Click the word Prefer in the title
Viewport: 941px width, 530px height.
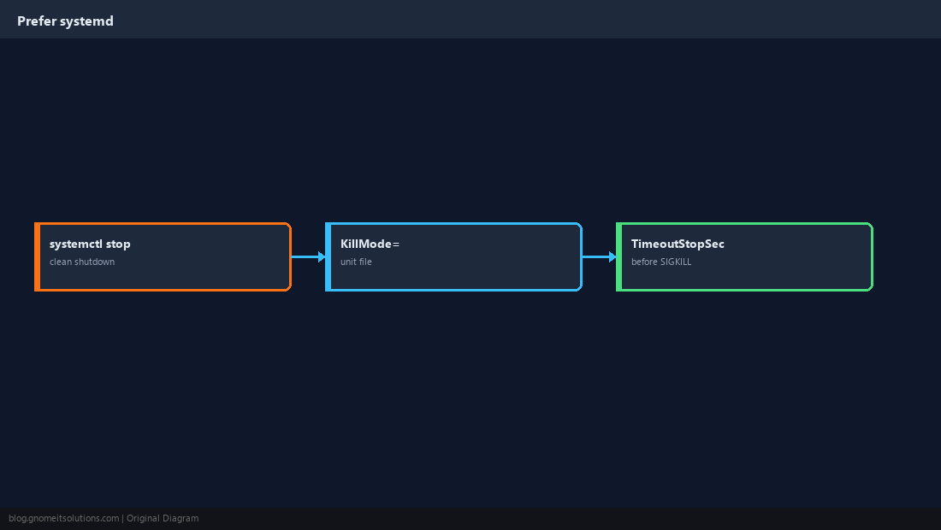point(37,21)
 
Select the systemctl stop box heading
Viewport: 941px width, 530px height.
point(90,244)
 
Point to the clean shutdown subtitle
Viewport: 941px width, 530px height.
point(82,262)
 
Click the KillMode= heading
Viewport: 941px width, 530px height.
point(370,244)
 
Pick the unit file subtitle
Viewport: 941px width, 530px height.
point(356,262)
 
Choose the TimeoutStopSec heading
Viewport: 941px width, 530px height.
point(678,244)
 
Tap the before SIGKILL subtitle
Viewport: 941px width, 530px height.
point(661,262)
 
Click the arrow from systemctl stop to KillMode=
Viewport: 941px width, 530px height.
point(309,256)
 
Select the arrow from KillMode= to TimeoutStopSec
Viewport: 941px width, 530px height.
point(600,256)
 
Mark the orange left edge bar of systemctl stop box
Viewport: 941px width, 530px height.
point(37,256)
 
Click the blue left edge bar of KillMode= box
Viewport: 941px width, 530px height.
point(328,256)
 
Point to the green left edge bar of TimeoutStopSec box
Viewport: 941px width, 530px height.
point(619,256)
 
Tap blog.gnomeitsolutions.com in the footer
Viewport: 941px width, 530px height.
point(63,519)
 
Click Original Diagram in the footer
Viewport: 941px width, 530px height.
point(163,519)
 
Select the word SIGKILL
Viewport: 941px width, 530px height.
point(676,262)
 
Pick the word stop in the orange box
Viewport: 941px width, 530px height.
point(118,244)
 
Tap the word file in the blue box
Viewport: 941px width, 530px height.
point(365,262)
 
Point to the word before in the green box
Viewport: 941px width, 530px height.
point(644,262)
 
